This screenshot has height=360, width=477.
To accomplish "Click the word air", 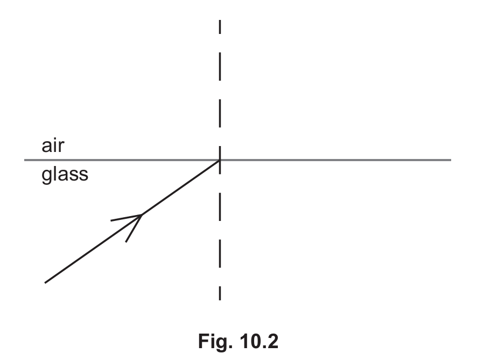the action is (53, 146).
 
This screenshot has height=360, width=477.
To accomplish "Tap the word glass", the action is (65, 175).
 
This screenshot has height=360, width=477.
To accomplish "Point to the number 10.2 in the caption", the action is (259, 341).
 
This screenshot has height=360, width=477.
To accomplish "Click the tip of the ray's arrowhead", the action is (142, 215).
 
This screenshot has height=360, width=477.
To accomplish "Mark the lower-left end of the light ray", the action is (45, 282).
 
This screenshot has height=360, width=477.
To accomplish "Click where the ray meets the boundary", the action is (220, 160).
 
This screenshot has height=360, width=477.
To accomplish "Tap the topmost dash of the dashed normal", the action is (220, 27).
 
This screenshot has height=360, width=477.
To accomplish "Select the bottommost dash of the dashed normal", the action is (220, 293).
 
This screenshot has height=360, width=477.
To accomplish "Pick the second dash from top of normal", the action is (220, 66).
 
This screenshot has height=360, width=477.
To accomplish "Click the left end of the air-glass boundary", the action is (25, 160).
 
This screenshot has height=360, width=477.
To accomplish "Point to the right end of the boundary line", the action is (451, 160).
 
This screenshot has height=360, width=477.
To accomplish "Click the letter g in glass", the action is (46, 177).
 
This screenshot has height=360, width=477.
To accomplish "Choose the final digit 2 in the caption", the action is (273, 341).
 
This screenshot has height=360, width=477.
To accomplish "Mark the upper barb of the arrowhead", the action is (126, 218).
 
